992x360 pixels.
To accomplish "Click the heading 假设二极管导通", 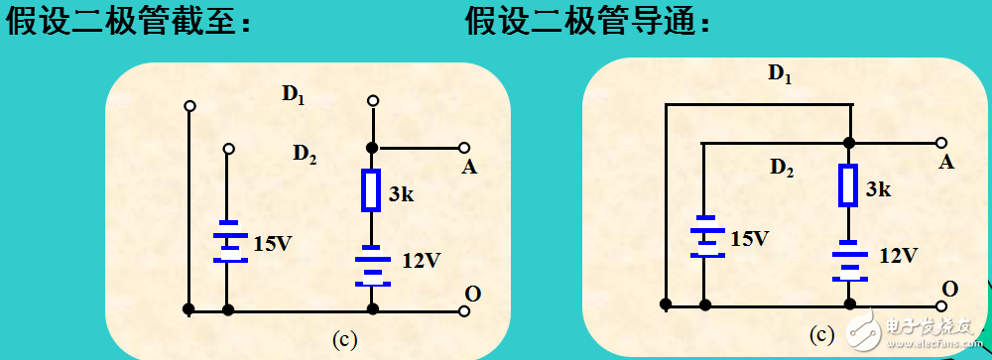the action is (x=588, y=23).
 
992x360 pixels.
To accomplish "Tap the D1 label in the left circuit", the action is (x=293, y=95).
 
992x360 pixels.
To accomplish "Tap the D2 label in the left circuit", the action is (x=304, y=154).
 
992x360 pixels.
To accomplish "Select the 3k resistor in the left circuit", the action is (x=371, y=189).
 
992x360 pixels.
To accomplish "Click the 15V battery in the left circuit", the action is (x=229, y=241).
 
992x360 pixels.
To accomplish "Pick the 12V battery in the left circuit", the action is (x=372, y=265).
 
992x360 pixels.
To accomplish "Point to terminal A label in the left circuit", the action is (x=469, y=167).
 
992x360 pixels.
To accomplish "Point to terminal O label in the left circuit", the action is (x=473, y=293).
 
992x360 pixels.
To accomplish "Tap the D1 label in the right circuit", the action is (x=781, y=72).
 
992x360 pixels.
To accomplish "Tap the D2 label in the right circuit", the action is (x=782, y=169).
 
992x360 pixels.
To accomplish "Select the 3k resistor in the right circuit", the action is (x=848, y=184).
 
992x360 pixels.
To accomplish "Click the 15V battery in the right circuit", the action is (x=705, y=236).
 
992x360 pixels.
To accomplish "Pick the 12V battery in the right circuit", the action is (x=848, y=259).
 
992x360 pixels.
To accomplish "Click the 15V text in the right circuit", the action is (x=749, y=238).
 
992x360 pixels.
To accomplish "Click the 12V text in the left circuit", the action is (x=421, y=261).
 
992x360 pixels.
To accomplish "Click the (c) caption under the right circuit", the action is (x=822, y=335).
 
